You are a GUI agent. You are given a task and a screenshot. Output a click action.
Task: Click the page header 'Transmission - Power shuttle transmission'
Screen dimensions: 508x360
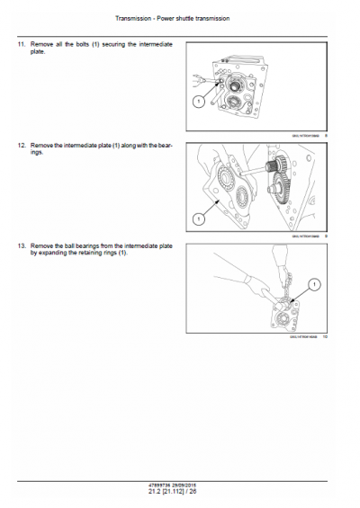(179, 19)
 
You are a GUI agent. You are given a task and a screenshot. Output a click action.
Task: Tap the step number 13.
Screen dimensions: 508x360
(20, 245)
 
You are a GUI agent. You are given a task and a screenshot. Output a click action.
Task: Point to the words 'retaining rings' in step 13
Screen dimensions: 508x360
(99, 253)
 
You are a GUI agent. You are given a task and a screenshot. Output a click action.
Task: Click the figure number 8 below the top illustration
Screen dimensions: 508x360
(326, 134)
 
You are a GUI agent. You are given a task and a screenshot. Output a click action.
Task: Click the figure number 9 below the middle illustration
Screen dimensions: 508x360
(326, 236)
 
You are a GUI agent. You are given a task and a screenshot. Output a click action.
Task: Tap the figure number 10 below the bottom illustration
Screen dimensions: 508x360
(325, 337)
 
